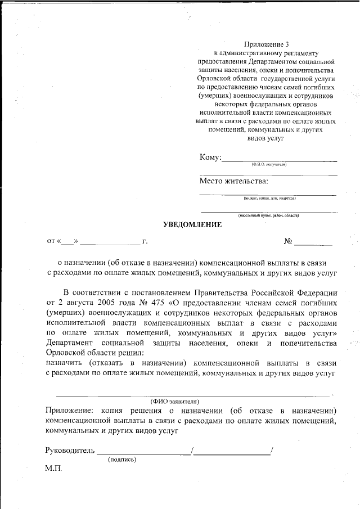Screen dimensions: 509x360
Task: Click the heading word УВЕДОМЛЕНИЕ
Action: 192,225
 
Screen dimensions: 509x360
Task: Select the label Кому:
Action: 210,157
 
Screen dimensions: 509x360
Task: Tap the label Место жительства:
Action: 233,181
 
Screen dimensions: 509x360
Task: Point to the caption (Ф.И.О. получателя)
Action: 269,164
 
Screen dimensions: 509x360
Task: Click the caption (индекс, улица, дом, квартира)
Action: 269,198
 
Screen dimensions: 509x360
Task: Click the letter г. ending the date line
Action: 145,241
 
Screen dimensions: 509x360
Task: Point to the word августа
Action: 78,303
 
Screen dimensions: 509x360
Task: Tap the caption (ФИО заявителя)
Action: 175,402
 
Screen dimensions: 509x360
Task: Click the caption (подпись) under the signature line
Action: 122,460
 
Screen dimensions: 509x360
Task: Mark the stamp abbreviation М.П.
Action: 53,469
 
